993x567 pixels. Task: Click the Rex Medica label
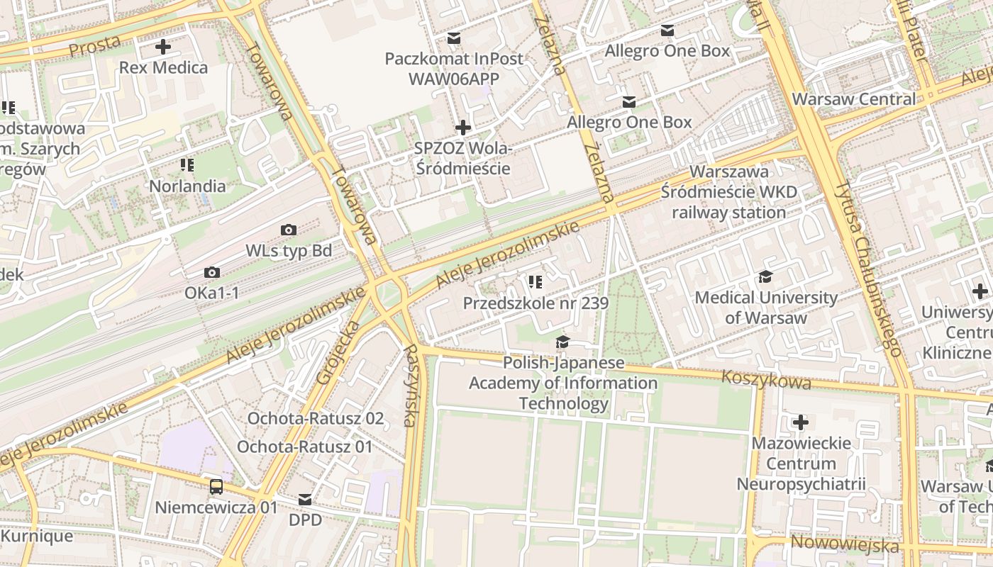[164, 68]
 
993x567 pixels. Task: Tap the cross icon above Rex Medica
[163, 47]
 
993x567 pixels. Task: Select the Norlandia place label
[187, 186]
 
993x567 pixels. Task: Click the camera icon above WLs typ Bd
[288, 230]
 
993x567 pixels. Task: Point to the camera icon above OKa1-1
[211, 272]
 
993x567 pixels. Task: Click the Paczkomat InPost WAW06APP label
[454, 68]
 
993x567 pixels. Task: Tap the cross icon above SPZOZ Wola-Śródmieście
[463, 128]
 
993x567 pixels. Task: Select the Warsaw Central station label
[854, 99]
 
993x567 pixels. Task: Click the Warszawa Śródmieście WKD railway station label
[729, 192]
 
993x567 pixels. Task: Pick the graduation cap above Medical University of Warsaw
[766, 276]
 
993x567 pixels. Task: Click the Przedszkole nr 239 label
[536, 303]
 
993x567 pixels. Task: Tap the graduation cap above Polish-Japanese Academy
[562, 342]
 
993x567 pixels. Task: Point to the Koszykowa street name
[766, 380]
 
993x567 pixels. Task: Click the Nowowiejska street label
[844, 544]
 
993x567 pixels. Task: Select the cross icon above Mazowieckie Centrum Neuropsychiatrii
[801, 423]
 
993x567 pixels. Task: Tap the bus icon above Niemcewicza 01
[216, 487]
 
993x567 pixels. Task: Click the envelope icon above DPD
[305, 500]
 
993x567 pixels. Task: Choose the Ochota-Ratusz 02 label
[315, 418]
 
